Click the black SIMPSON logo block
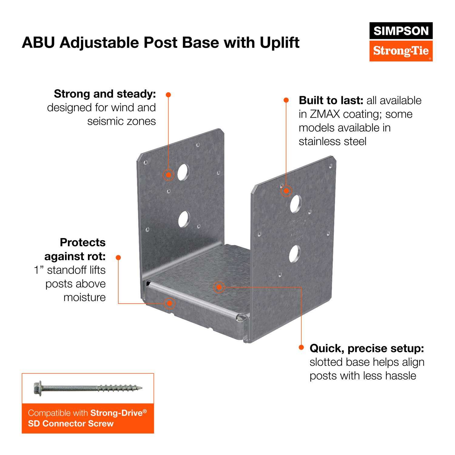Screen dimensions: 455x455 coord(401,31)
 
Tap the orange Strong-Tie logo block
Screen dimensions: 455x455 coord(401,50)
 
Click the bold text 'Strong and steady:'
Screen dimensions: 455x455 coord(105,94)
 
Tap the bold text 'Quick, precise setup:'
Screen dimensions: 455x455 coord(367,349)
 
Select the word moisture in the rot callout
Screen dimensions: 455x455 coord(84,297)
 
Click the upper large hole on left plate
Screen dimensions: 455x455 coord(183,173)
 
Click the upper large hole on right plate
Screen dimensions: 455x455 coord(295,204)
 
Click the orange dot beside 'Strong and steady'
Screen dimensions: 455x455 coord(168,95)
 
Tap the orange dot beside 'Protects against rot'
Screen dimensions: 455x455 coord(118,257)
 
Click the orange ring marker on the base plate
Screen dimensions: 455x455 coord(219,287)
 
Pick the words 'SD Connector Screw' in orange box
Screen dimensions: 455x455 coord(71,423)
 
